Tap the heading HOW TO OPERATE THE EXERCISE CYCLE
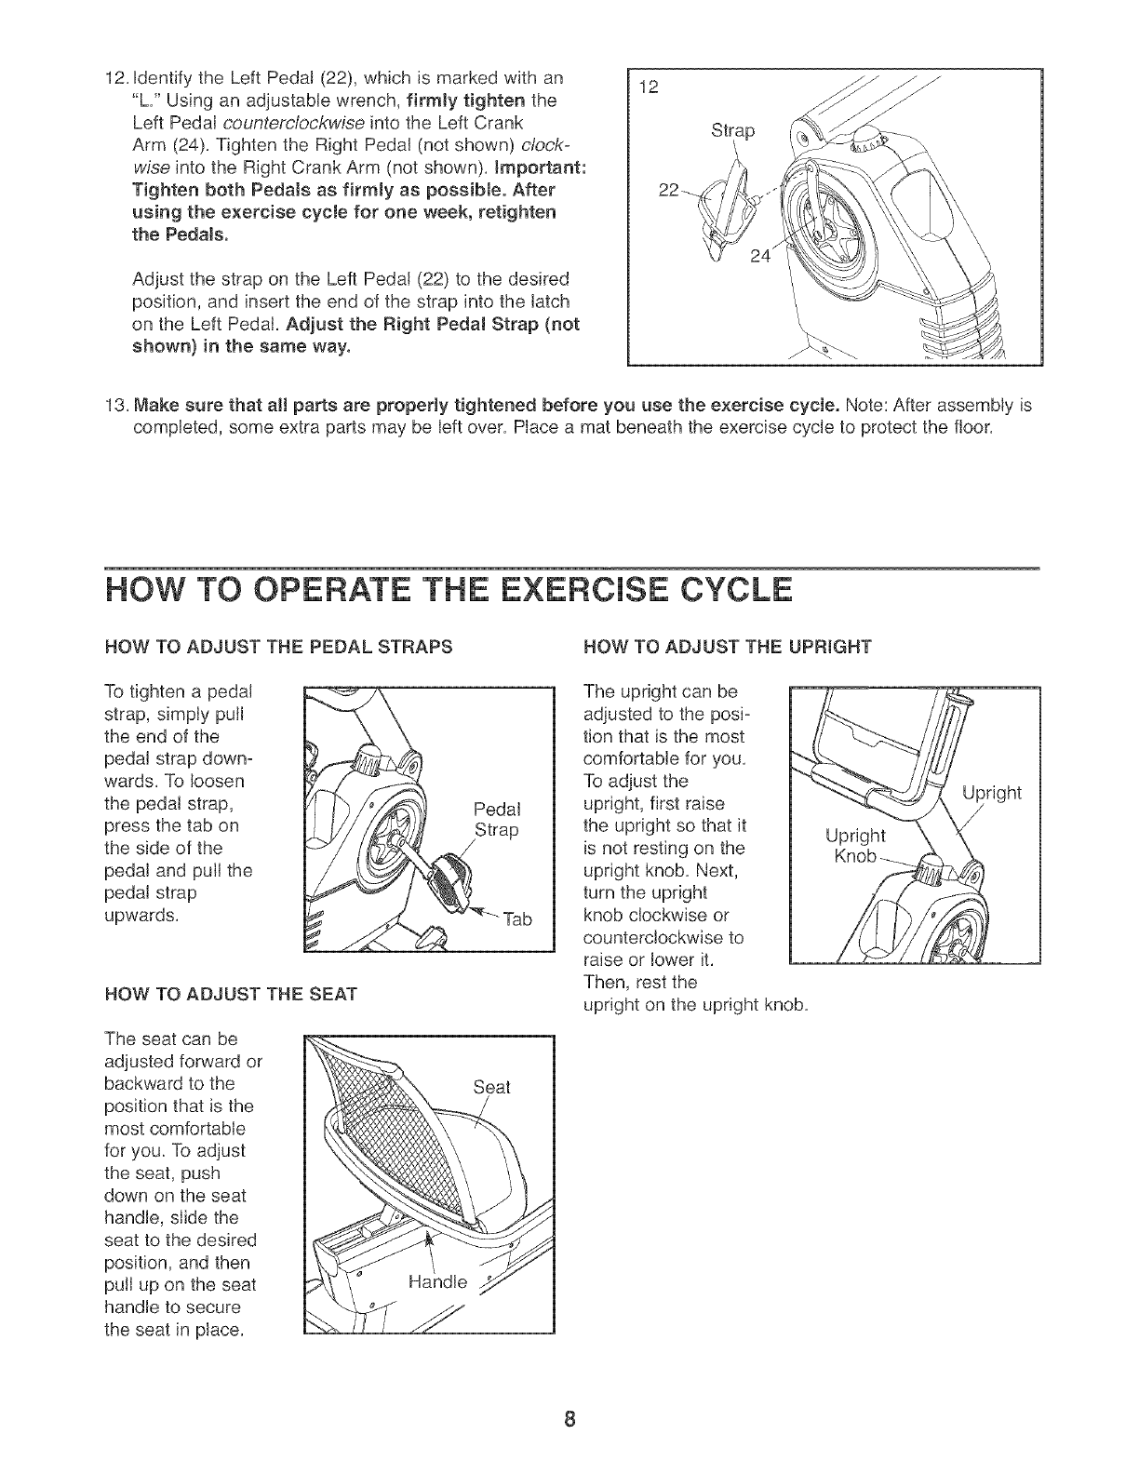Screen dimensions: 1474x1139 click(x=449, y=592)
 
